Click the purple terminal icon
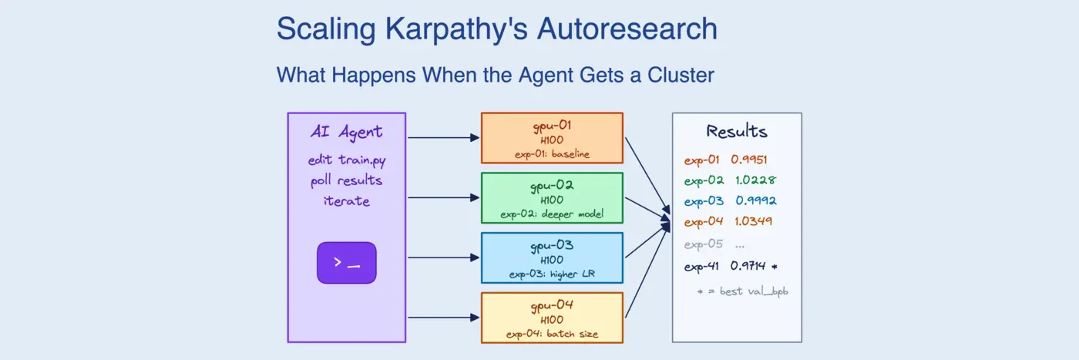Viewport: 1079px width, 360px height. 346,263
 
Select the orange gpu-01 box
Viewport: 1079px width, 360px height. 551,138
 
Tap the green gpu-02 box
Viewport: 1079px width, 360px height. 551,198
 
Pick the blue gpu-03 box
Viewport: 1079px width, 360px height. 551,257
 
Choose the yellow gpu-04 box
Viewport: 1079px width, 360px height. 551,318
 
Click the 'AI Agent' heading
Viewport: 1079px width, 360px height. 346,132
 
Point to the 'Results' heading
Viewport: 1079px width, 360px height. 736,131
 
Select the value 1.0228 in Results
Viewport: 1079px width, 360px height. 755,180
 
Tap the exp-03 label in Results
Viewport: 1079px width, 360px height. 704,200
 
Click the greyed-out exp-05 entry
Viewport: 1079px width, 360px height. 704,244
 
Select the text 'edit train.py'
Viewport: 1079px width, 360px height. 346,161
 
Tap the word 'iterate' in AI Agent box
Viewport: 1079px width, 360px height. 346,201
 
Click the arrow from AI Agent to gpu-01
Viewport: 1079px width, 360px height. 443,138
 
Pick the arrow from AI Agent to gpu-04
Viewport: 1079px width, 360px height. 443,318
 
